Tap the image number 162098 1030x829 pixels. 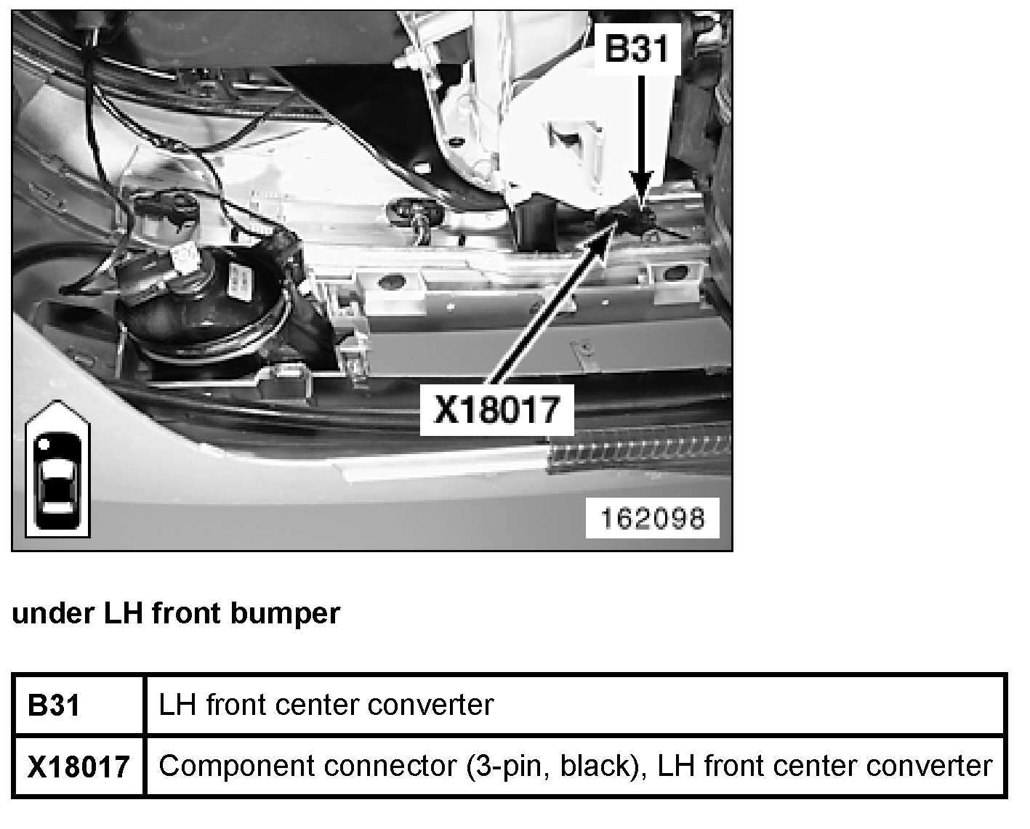pos(652,518)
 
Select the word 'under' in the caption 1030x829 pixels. pos(53,614)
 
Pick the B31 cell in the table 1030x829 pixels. pos(55,705)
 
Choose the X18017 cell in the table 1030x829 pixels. pos(79,767)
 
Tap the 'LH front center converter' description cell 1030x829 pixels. pos(326,705)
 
